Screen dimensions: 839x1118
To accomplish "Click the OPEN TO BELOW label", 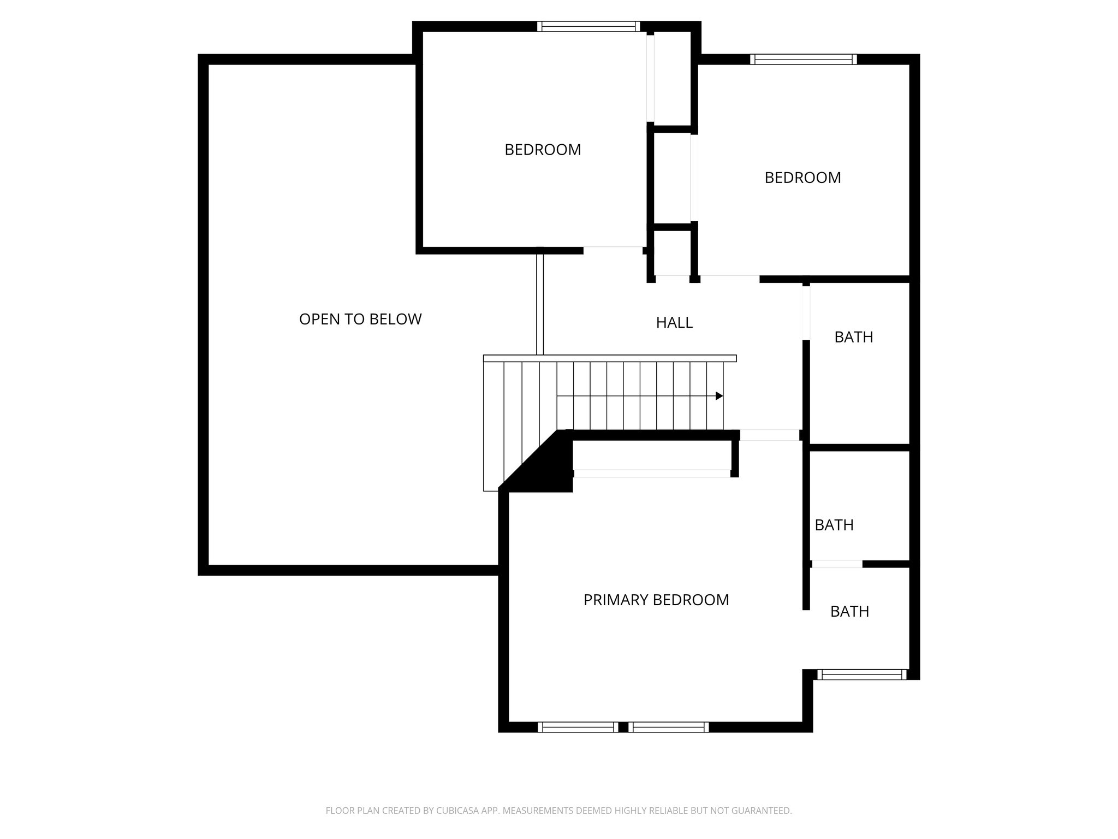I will point(360,319).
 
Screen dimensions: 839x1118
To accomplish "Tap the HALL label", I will point(674,323).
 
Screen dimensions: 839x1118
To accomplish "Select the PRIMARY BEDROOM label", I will point(656,600).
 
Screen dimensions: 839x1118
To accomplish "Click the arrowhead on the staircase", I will point(719,396).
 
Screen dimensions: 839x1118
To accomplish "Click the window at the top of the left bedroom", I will point(588,26).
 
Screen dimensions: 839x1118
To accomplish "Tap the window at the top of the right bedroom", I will point(803,59).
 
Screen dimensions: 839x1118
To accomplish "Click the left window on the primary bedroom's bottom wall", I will point(577,727).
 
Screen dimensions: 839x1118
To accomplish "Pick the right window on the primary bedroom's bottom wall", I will point(669,727).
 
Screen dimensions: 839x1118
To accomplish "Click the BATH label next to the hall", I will point(854,337).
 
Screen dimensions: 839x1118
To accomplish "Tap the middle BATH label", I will point(834,525).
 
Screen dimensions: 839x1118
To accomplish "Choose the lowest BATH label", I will point(849,611).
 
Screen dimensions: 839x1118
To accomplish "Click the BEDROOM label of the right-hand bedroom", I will point(802,178).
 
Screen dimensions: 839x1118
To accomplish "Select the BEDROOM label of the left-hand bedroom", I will point(543,150).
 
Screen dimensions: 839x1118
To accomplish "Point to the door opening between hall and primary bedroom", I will point(770,435).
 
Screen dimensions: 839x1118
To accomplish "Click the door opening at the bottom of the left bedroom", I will point(612,250).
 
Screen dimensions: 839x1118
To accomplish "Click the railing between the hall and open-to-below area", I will point(540,303).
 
